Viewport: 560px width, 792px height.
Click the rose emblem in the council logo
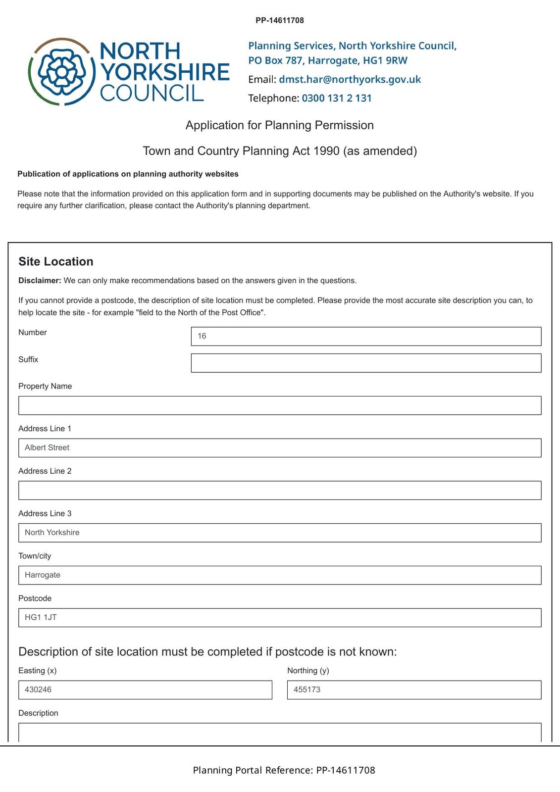[61, 72]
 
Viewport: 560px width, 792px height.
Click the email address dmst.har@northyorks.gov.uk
[350, 79]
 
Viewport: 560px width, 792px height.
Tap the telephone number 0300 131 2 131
[337, 98]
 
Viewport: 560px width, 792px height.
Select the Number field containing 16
[366, 336]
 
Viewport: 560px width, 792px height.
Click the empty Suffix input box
[366, 363]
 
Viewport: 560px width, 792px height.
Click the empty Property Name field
[280, 405]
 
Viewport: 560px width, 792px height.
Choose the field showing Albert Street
[280, 448]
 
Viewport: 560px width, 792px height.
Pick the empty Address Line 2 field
[280, 490]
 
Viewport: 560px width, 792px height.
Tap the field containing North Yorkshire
[280, 533]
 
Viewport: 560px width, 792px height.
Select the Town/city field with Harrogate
[280, 575]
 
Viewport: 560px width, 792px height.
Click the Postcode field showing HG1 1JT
[280, 618]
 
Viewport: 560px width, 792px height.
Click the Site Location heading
[56, 261]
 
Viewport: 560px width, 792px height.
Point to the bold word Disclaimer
[40, 281]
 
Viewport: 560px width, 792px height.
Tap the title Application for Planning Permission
[280, 125]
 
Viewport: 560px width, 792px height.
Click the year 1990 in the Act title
[327, 151]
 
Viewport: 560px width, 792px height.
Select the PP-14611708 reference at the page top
[280, 20]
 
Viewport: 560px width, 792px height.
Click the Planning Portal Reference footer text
[284, 770]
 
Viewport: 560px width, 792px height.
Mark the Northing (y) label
[308, 671]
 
